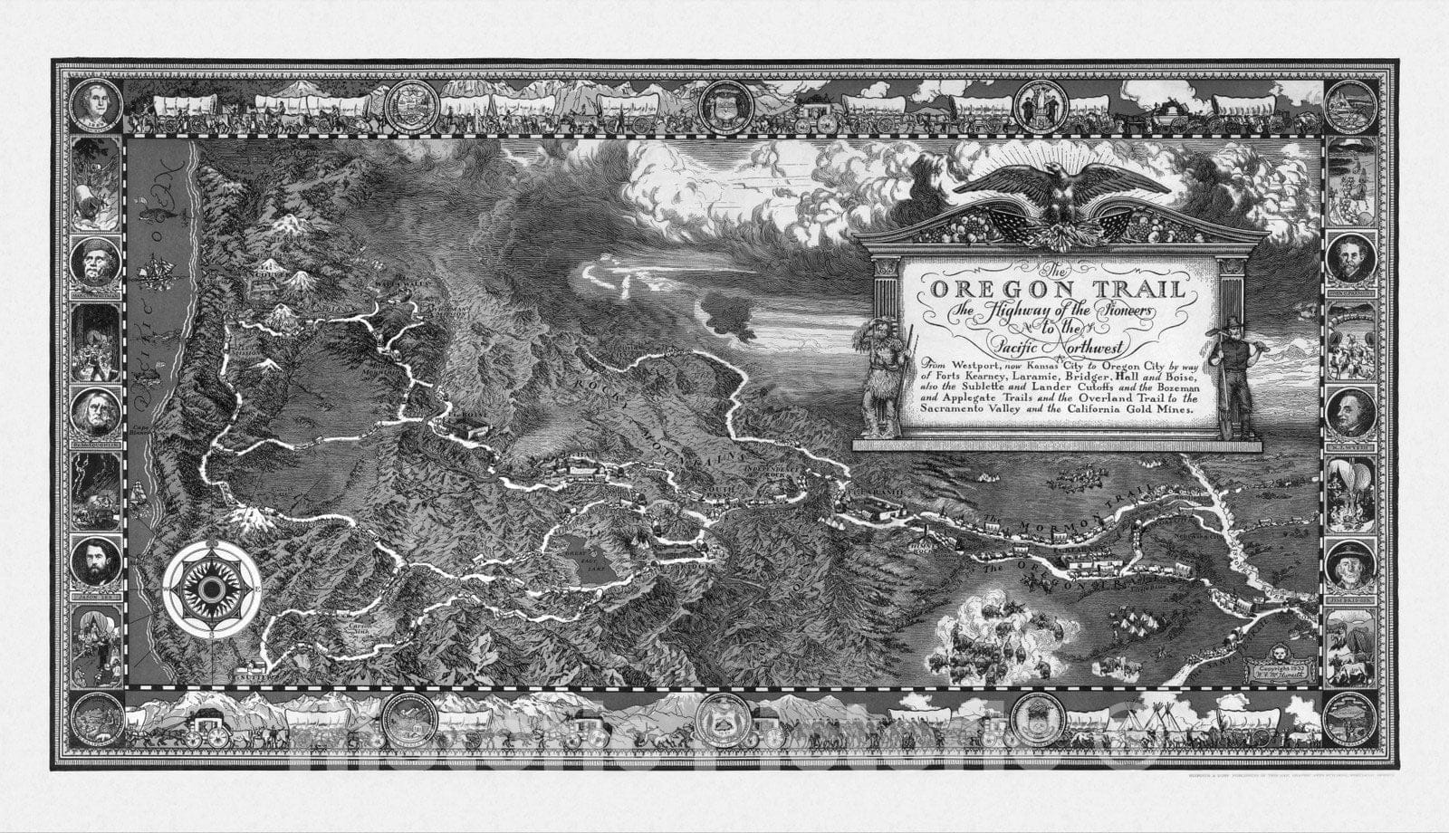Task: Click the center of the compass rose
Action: [x=212, y=589]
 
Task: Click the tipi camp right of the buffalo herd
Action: [x=1128, y=625]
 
